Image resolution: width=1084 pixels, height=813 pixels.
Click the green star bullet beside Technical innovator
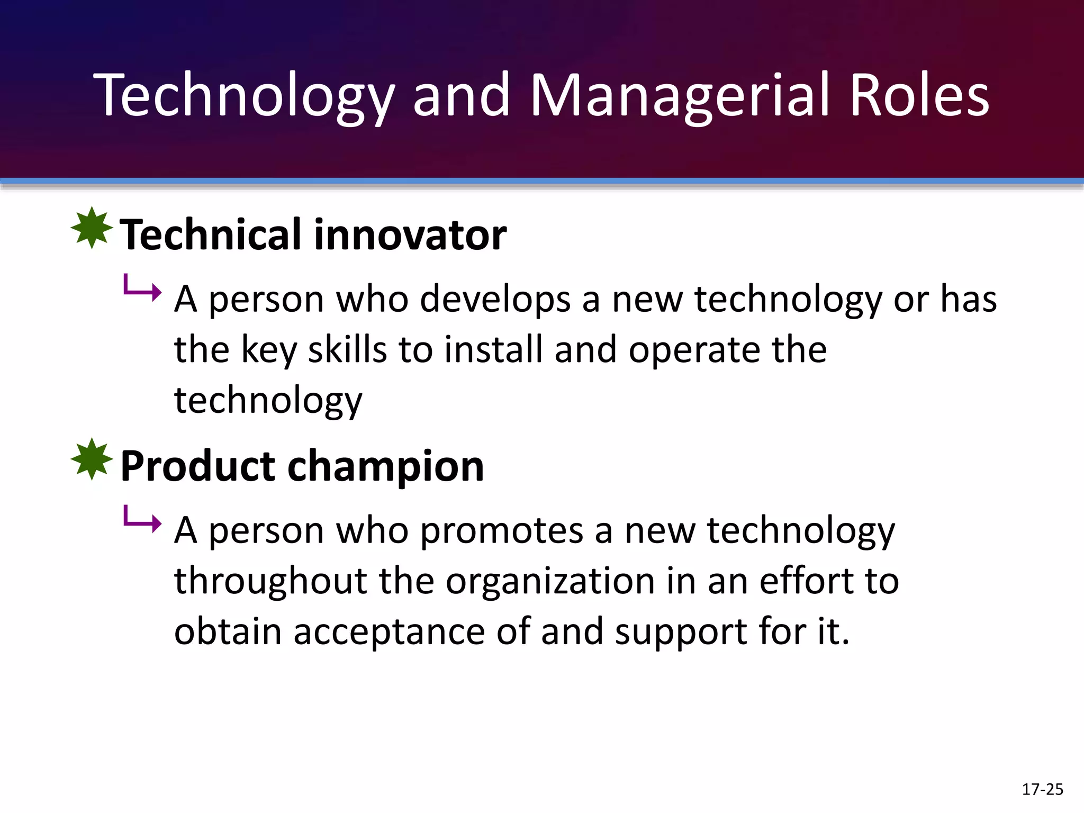coord(92,228)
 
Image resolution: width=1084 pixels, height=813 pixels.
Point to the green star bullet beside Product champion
coord(92,459)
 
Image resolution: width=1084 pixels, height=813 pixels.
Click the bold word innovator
coord(410,234)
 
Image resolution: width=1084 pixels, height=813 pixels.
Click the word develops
coord(495,299)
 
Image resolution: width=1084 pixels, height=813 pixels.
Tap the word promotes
coord(502,530)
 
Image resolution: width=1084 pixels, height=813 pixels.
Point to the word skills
coord(347,349)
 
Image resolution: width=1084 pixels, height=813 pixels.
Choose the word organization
coord(550,581)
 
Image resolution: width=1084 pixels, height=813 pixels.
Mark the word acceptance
coord(389,631)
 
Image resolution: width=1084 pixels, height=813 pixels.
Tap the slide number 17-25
coord(1042,790)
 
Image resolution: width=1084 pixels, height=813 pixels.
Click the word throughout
coord(271,581)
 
